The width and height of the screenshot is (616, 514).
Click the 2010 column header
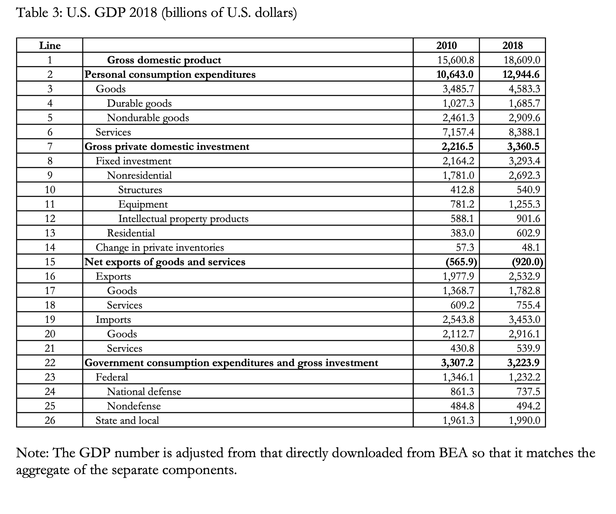tap(446, 46)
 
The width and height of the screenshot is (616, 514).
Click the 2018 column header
tap(512, 46)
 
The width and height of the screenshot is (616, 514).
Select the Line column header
tap(50, 46)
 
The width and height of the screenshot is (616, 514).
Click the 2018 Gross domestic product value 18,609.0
tap(522, 61)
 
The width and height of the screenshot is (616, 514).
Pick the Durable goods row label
tap(139, 103)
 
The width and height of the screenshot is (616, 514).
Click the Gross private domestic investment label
tap(167, 147)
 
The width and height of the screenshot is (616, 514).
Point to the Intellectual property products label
tap(183, 219)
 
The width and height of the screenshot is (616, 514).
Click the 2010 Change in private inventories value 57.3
tap(464, 248)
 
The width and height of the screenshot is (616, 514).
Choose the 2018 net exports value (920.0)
tap(527, 262)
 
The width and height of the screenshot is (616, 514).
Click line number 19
tap(50, 320)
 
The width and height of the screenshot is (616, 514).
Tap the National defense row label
tap(144, 392)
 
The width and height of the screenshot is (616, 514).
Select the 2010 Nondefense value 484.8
tap(462, 406)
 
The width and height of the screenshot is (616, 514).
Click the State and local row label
tap(127, 421)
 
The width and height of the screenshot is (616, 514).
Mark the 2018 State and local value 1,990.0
tap(524, 421)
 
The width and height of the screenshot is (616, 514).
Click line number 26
tap(50, 421)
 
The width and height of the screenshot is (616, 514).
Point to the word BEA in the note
tap(454, 453)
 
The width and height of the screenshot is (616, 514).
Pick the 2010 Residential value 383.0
tap(462, 233)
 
